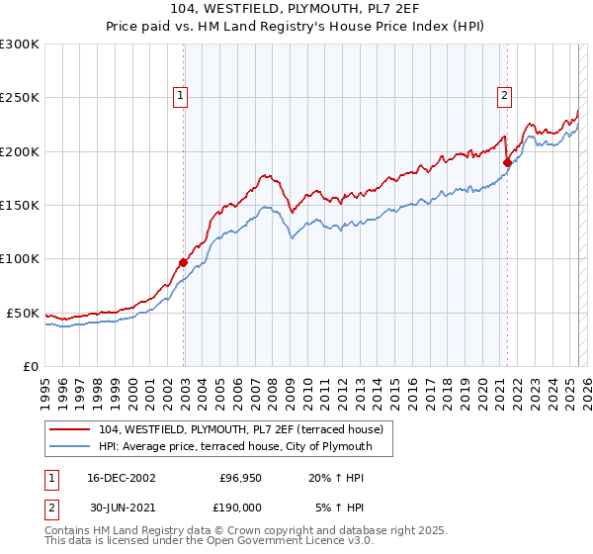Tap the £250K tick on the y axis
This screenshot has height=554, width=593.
(x=20, y=98)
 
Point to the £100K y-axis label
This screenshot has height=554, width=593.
(x=20, y=259)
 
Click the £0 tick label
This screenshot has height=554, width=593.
(x=30, y=366)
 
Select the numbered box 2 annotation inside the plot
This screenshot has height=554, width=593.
(x=504, y=96)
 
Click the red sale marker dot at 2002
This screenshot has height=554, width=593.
(x=184, y=262)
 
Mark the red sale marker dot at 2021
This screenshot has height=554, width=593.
(x=507, y=162)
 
